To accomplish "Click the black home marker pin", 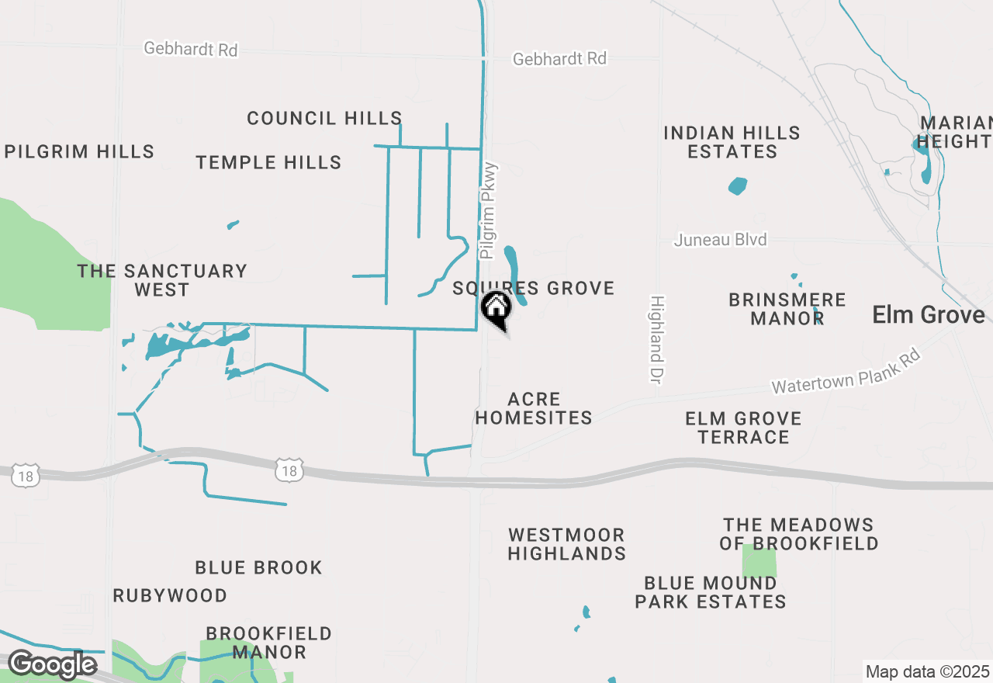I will click(496, 308).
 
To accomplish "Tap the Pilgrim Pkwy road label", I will click(489, 210).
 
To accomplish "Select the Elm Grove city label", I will click(929, 314).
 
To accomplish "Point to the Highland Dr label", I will click(656, 338).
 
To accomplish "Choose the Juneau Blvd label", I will click(720, 240).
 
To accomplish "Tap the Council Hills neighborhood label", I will click(324, 118).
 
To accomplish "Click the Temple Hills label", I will click(268, 162).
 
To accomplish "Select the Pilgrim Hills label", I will click(79, 151).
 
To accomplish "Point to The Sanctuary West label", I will click(161, 280).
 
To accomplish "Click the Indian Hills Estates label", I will click(732, 142).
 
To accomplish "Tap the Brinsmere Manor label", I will click(787, 309).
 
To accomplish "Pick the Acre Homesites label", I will click(534, 408).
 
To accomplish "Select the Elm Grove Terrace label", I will click(743, 428).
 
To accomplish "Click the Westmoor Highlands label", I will click(566, 544).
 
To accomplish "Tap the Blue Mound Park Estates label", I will click(711, 592).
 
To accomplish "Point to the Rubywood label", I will click(170, 595).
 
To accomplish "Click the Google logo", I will click(52, 665).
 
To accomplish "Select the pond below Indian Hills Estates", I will click(738, 186).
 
